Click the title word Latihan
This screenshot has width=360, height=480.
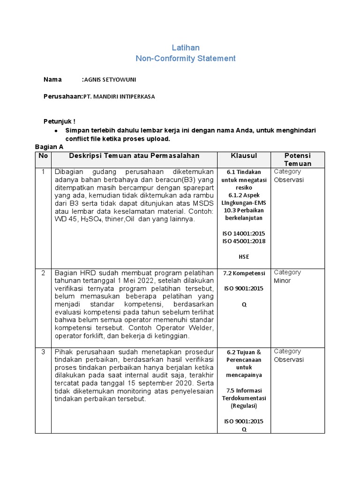pyautogui.click(x=186, y=47)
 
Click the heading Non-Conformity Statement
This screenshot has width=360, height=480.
pyautogui.click(x=186, y=59)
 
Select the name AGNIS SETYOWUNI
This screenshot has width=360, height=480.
pyautogui.click(x=110, y=80)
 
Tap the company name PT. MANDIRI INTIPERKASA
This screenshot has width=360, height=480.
pyautogui.click(x=119, y=97)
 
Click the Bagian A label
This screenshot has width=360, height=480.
pyautogui.click(x=49, y=147)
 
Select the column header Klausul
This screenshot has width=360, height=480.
pyautogui.click(x=244, y=156)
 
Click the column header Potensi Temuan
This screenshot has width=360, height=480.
pyautogui.click(x=298, y=159)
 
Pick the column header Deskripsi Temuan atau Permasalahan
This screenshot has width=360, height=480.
pyautogui.click(x=134, y=156)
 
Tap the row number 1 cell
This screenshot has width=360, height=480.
pyautogui.click(x=43, y=172)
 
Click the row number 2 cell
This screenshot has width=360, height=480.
pyautogui.click(x=43, y=273)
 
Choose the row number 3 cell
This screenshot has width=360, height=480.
pyautogui.click(x=43, y=352)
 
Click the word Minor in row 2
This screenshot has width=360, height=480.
pyautogui.click(x=282, y=281)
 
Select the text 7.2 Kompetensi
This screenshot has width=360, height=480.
pyautogui.click(x=244, y=273)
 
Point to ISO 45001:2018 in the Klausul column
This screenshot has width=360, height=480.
pyautogui.click(x=244, y=241)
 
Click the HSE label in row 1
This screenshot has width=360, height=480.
pyautogui.click(x=244, y=257)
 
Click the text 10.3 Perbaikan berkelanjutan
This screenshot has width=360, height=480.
pyautogui.click(x=244, y=214)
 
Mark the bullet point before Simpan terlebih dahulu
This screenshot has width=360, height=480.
pyautogui.click(x=56, y=130)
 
